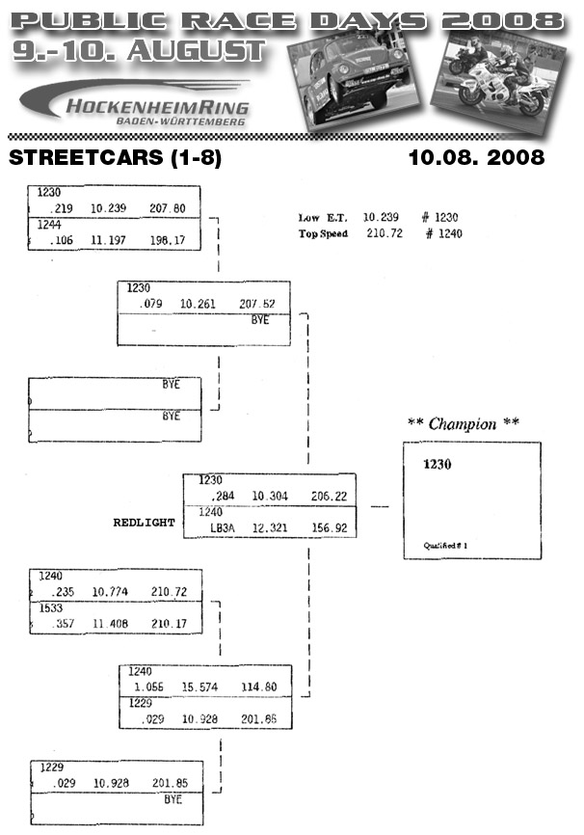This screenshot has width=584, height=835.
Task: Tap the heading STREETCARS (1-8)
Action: [x=113, y=157]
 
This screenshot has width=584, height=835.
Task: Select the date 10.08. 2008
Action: [x=475, y=156]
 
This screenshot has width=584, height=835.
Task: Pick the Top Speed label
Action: [x=323, y=233]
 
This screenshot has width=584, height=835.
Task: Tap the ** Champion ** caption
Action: [x=464, y=424]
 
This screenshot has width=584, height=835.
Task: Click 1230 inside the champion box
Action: [x=438, y=464]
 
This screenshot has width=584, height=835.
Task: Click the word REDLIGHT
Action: [x=145, y=522]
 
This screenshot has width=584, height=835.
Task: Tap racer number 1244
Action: [x=49, y=224]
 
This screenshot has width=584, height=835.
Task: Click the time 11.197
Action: [x=110, y=239]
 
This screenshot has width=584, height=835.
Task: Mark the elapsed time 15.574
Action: [x=200, y=687]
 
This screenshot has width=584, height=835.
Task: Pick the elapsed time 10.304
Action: [x=270, y=496]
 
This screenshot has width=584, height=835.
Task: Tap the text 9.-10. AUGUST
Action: [x=141, y=50]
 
